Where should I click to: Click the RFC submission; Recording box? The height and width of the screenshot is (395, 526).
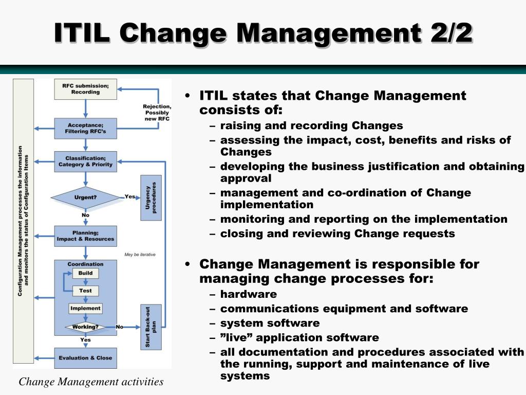[x=86, y=89]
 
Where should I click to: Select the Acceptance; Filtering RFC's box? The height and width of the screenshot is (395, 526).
[x=86, y=128]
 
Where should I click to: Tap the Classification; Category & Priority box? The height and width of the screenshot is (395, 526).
[x=86, y=161]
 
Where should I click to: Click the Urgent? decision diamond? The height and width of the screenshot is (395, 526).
[x=86, y=197]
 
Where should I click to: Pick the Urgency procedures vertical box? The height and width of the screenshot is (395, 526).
[x=151, y=197]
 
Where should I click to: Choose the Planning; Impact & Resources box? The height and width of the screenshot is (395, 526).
[x=86, y=236]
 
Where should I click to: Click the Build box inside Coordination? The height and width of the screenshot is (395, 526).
[x=86, y=273]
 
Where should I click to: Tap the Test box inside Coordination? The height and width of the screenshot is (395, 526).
[x=86, y=291]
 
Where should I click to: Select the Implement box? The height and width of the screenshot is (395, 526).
[x=85, y=309]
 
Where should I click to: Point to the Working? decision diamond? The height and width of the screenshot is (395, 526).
[x=86, y=327]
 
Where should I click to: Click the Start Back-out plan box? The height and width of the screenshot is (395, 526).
[x=151, y=327]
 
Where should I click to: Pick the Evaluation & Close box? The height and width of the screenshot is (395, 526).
[x=86, y=358]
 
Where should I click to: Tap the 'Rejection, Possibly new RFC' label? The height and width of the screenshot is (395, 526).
[x=157, y=113]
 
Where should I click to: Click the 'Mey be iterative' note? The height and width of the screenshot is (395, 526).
[x=140, y=255]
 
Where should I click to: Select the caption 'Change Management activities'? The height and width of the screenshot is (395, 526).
[x=91, y=382]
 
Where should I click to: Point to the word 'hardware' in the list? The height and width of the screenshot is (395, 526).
[x=249, y=294]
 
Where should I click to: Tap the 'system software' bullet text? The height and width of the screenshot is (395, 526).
[x=270, y=323]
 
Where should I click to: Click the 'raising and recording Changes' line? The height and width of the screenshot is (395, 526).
[x=312, y=125]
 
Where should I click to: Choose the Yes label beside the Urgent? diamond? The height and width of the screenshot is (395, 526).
[x=130, y=196]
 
